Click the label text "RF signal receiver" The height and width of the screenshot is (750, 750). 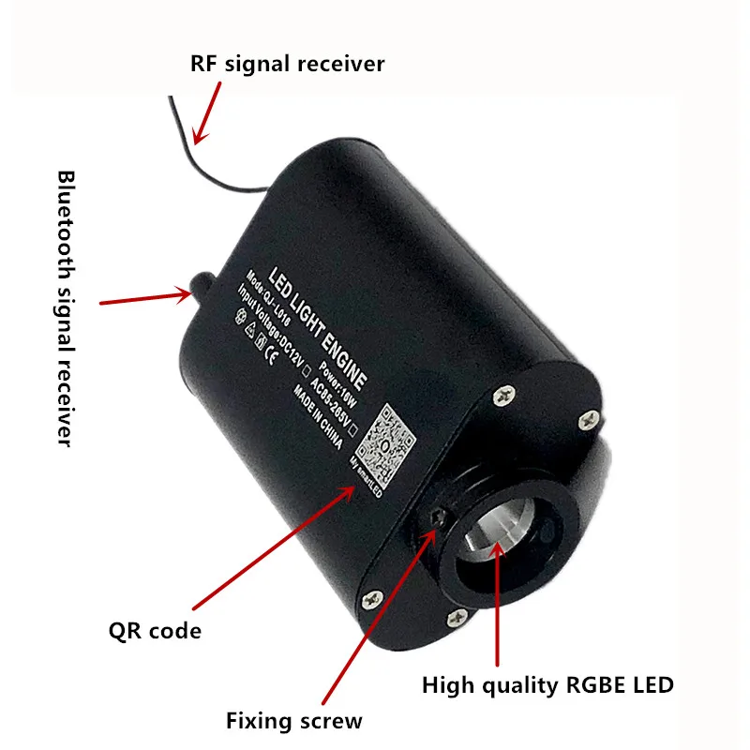tap(288, 64)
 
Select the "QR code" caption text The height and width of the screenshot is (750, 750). tap(155, 630)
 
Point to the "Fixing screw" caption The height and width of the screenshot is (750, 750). tap(293, 721)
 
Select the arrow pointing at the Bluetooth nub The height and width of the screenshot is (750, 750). tap(146, 298)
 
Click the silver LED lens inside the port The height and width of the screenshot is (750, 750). tap(496, 535)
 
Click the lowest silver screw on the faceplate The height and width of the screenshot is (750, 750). tap(458, 614)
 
